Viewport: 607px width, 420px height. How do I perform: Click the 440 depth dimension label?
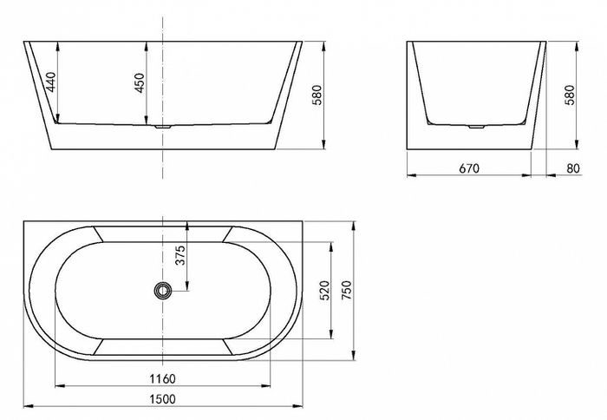click(x=51, y=82)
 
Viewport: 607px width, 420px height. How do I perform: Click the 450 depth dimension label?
click(x=140, y=82)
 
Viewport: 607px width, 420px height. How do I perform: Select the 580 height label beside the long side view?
click(x=317, y=95)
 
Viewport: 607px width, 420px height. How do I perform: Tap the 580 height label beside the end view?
click(x=571, y=95)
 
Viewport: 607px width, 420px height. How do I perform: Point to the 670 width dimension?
click(x=469, y=168)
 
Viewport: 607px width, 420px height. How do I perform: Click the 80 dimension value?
click(x=573, y=168)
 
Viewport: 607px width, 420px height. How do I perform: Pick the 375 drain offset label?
click(x=180, y=255)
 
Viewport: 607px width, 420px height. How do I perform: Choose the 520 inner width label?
click(x=324, y=290)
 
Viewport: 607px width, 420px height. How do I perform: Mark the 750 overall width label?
click(x=347, y=290)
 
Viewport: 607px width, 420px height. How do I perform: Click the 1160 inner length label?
click(x=163, y=378)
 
